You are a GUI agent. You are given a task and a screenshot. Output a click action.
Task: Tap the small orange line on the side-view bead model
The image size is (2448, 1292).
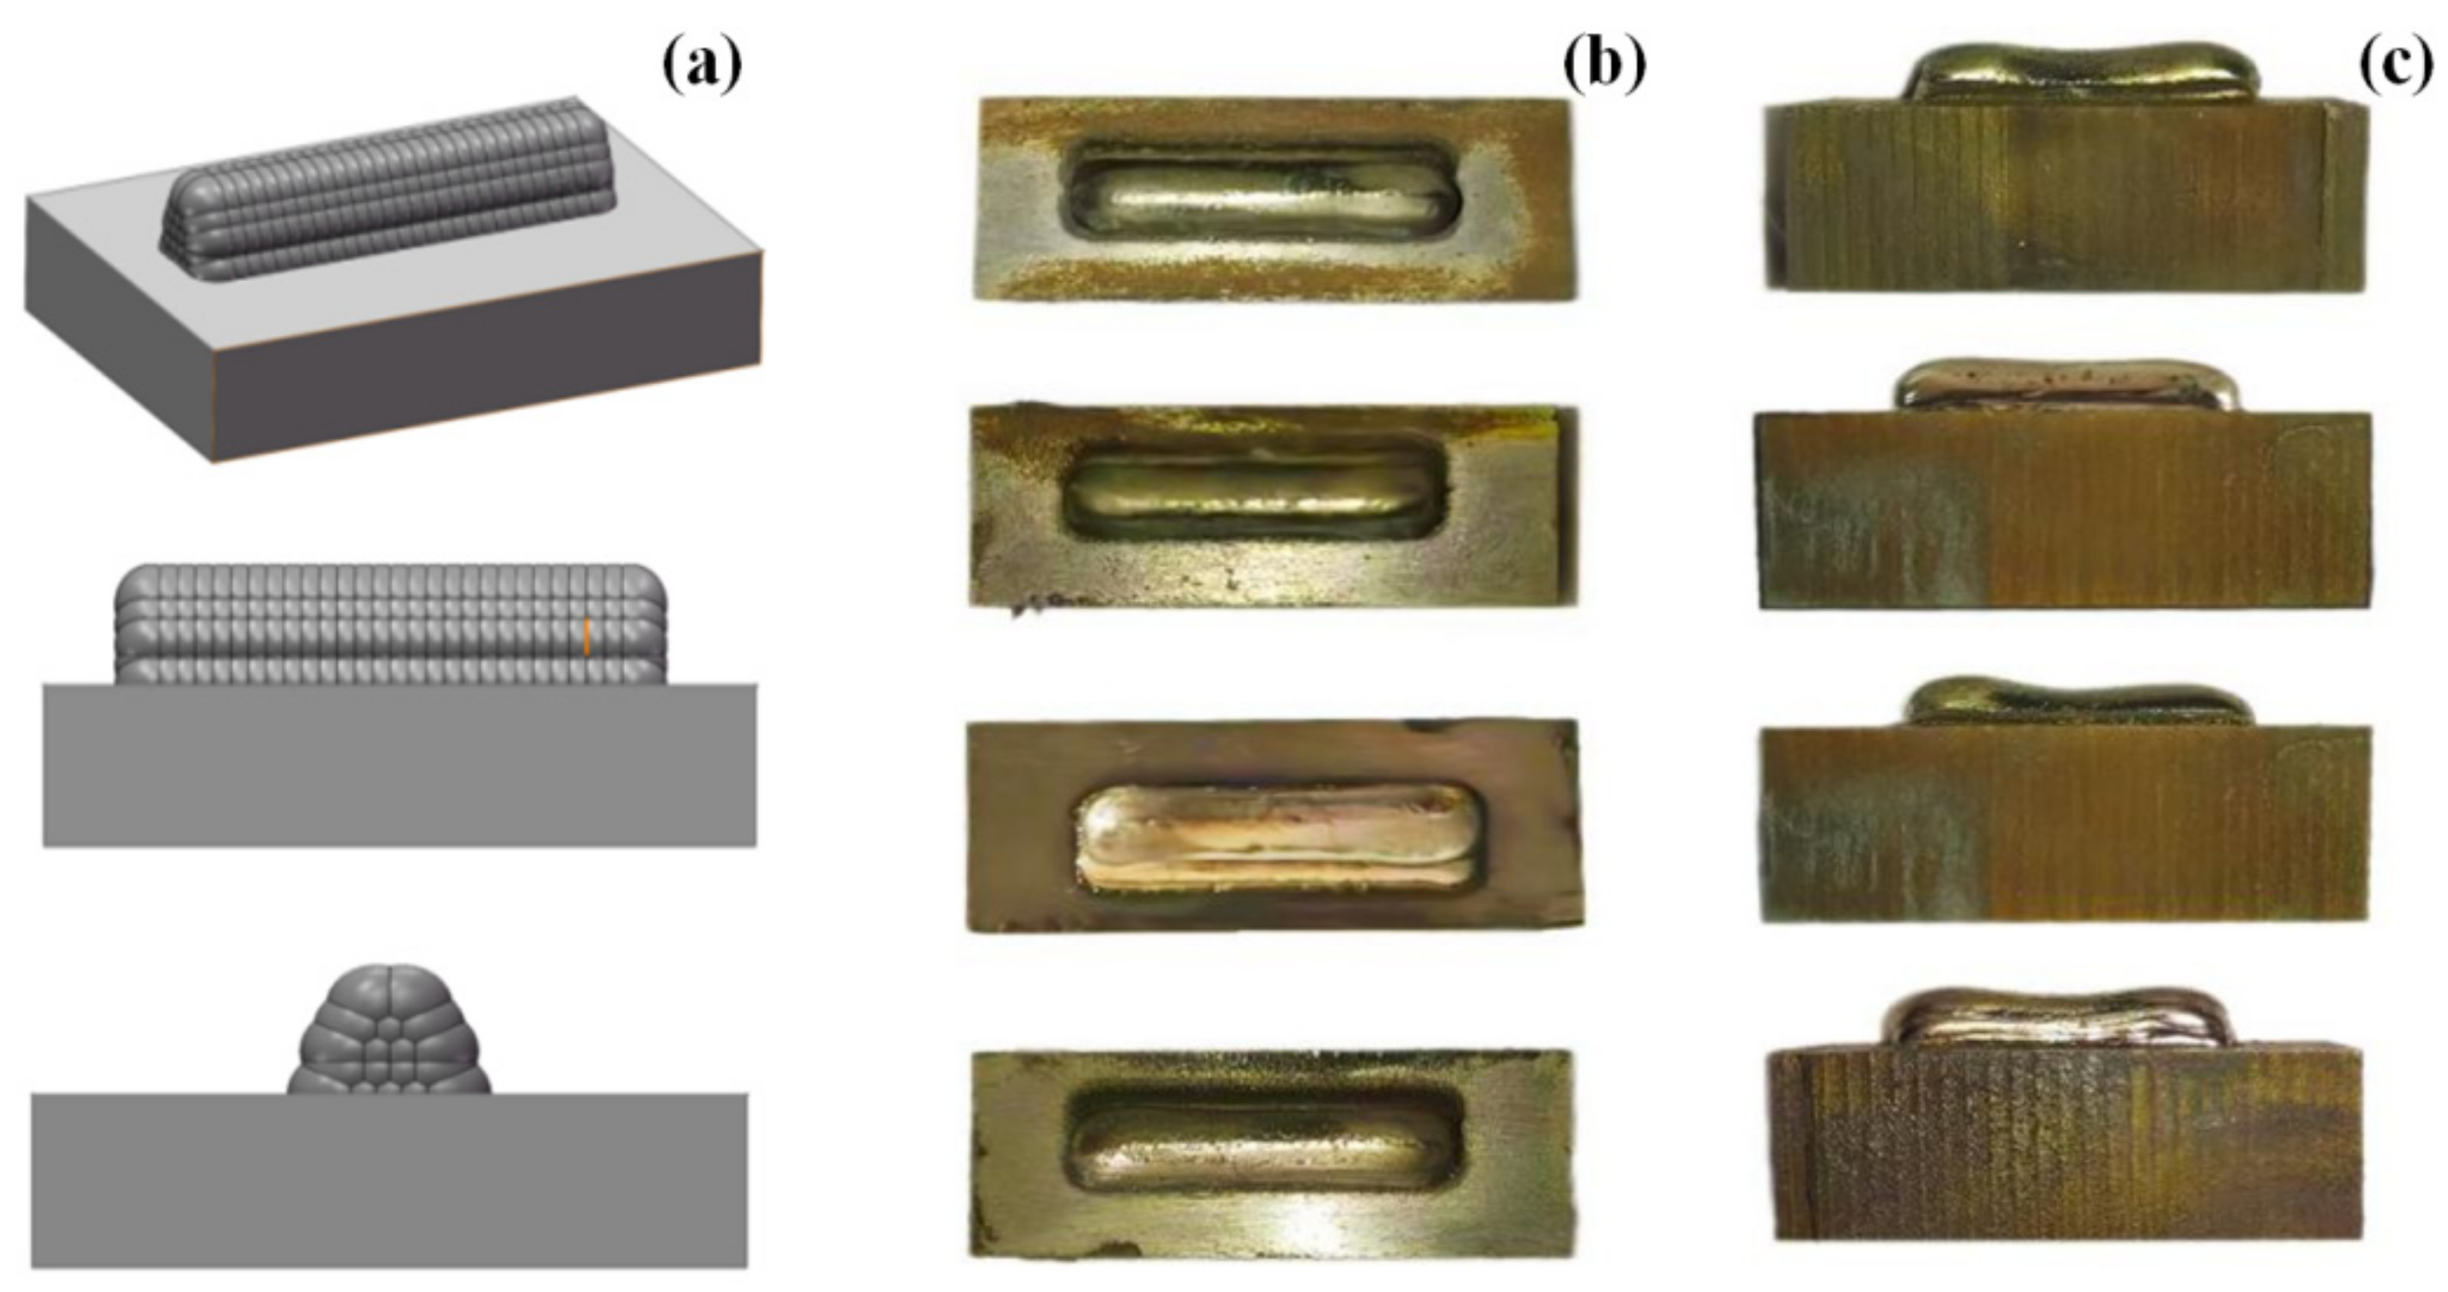587,635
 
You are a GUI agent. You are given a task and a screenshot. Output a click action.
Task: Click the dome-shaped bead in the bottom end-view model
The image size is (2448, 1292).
390,1036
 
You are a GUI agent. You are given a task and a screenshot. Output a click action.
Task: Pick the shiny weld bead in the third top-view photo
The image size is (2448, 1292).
1273,836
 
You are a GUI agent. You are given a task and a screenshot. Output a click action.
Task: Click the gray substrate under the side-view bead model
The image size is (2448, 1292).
399,765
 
